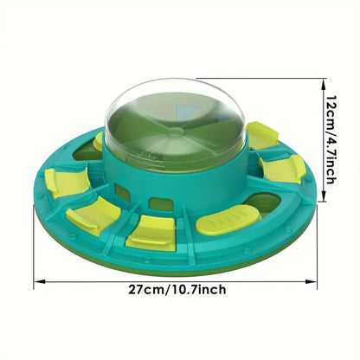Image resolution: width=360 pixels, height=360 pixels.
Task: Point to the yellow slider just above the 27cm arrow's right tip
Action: [282, 169]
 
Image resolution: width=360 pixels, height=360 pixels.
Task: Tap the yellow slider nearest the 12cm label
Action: [261, 135]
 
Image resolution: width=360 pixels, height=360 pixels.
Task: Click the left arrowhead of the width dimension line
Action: [37, 282]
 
